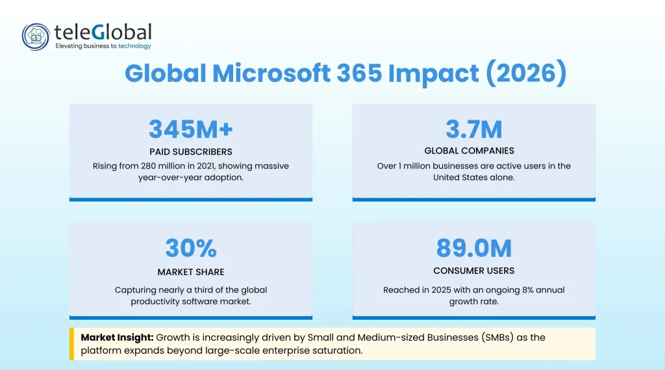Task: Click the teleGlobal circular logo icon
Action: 36,37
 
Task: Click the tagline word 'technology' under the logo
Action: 134,46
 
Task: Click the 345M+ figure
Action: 190,129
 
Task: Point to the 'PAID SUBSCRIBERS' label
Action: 190,152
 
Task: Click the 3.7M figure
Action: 473,129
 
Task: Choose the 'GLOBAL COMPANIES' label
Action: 473,151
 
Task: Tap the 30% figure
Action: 190,248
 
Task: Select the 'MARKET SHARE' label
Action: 190,272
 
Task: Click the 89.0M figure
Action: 473,248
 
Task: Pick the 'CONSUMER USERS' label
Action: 473,271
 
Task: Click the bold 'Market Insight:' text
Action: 116,338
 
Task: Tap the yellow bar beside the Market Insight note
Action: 71,344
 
